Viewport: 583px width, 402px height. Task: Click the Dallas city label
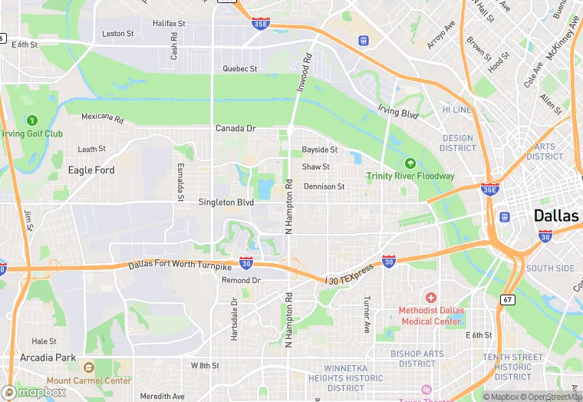[556, 216]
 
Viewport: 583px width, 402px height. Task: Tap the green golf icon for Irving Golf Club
[31, 120]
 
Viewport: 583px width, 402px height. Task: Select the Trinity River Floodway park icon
[410, 163]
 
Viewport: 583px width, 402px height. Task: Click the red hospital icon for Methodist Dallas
[430, 297]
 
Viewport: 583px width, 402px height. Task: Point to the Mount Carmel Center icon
[89, 367]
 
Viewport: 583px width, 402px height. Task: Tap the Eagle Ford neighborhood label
[91, 170]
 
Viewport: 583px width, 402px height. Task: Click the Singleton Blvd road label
[226, 203]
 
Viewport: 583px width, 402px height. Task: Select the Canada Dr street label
[235, 128]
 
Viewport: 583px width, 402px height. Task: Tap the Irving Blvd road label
[397, 112]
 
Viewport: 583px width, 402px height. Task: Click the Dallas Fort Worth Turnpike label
[180, 265]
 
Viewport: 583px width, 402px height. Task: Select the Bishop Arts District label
[417, 358]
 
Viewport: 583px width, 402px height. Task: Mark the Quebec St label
[239, 68]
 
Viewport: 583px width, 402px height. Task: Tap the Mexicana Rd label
[103, 118]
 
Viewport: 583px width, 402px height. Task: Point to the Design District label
[458, 143]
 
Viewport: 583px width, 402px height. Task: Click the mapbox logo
[34, 392]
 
